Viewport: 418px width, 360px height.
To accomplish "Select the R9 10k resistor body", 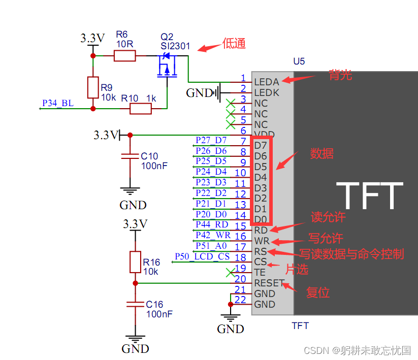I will tap(92, 87).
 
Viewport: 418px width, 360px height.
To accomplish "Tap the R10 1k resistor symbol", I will tap(141, 108).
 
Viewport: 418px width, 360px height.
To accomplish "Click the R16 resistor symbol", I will tap(135, 262).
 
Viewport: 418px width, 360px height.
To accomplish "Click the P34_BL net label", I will tap(57, 104).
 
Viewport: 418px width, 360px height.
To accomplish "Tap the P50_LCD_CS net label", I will tap(202, 256).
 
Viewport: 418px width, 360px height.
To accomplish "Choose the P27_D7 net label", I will tap(211, 140).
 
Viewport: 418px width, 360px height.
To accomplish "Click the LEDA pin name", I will tap(267, 82).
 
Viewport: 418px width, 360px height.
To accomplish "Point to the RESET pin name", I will tap(269, 283).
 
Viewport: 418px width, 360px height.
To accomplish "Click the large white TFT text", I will tap(370, 196).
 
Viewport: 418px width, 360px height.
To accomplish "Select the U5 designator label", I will tap(299, 61).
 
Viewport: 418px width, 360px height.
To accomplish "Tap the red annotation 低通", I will tap(234, 44).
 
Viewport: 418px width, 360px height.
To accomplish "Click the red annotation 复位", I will tap(318, 293).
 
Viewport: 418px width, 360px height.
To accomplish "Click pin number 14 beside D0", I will tap(241, 215).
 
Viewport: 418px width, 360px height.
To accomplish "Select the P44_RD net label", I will tap(212, 224).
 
